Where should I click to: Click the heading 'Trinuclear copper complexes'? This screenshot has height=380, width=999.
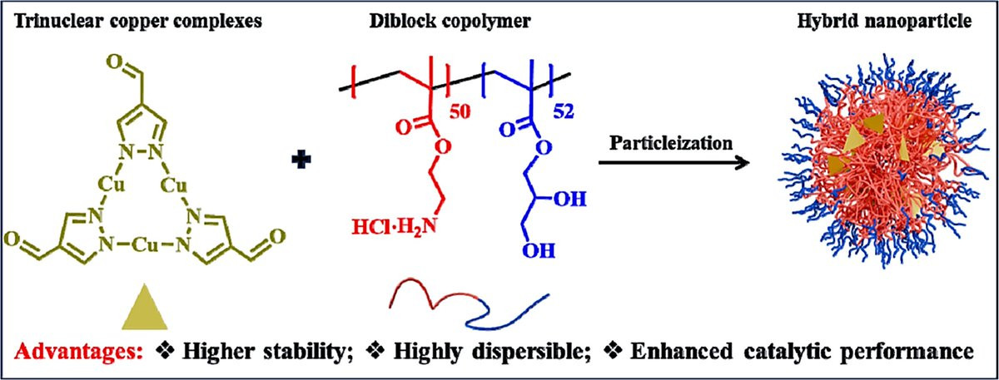[x=139, y=22]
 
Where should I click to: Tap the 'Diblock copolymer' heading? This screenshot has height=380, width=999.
[x=450, y=22]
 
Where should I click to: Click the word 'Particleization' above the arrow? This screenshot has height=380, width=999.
[x=671, y=143]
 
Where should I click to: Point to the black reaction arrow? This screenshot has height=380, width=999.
[x=673, y=163]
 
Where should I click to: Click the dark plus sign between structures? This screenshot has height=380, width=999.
[x=301, y=160]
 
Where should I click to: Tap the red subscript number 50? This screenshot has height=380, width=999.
[x=460, y=111]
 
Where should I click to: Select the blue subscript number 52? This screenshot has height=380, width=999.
[x=564, y=111]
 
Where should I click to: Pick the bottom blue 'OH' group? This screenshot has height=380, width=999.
[x=539, y=251]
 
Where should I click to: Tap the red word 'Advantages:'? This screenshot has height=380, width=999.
[x=78, y=352]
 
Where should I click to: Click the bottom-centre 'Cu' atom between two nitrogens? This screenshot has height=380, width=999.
[x=146, y=244]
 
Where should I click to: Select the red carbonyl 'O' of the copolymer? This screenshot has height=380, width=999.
[x=403, y=128]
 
